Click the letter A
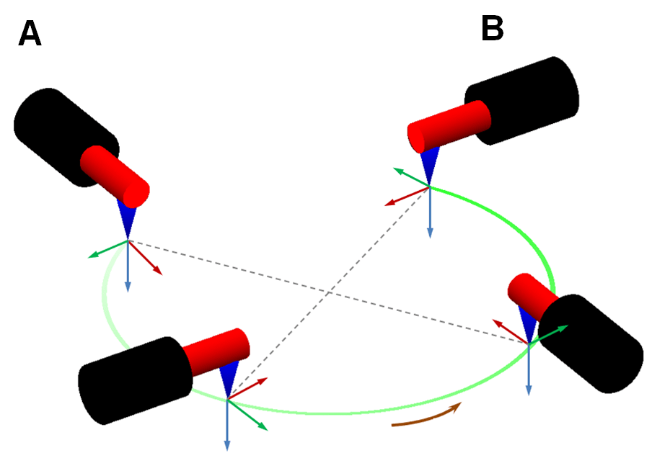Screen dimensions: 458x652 (x=30, y=34)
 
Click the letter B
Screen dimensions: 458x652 (x=492, y=30)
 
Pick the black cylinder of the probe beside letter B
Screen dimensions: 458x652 (x=523, y=100)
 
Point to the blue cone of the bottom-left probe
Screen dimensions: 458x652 (x=229, y=378)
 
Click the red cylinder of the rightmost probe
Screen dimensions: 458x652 (x=531, y=295)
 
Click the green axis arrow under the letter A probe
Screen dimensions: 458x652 (x=105, y=249)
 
